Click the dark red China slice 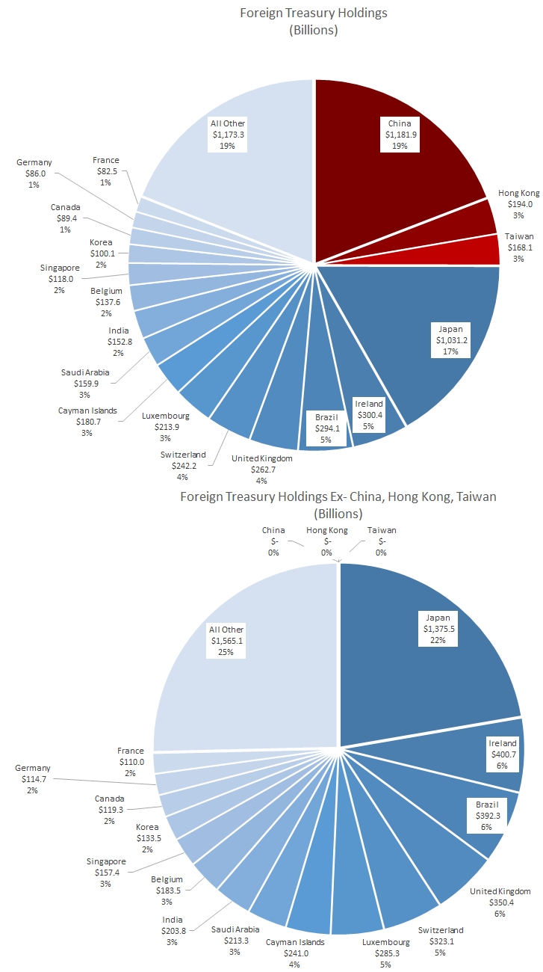[388, 172]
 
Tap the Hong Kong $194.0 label [518, 204]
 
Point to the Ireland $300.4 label [368, 415]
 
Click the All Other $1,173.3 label [228, 135]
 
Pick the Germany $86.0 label [34, 173]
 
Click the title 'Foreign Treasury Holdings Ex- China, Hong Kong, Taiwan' [338, 496]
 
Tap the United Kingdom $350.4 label [500, 902]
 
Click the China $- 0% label [273, 541]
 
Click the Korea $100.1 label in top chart [102, 253]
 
